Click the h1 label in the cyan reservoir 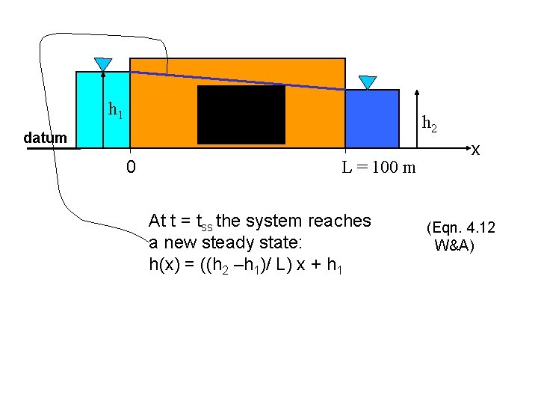click(x=115, y=111)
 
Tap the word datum click(x=45, y=138)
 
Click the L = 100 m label click(x=379, y=167)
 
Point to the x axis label click(x=475, y=150)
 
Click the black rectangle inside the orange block click(x=241, y=114)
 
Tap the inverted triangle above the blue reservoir click(x=368, y=82)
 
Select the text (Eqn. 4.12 click(x=460, y=227)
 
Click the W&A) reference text click(x=454, y=245)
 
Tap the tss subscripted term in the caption click(x=201, y=222)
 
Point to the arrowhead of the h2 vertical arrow click(x=417, y=91)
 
